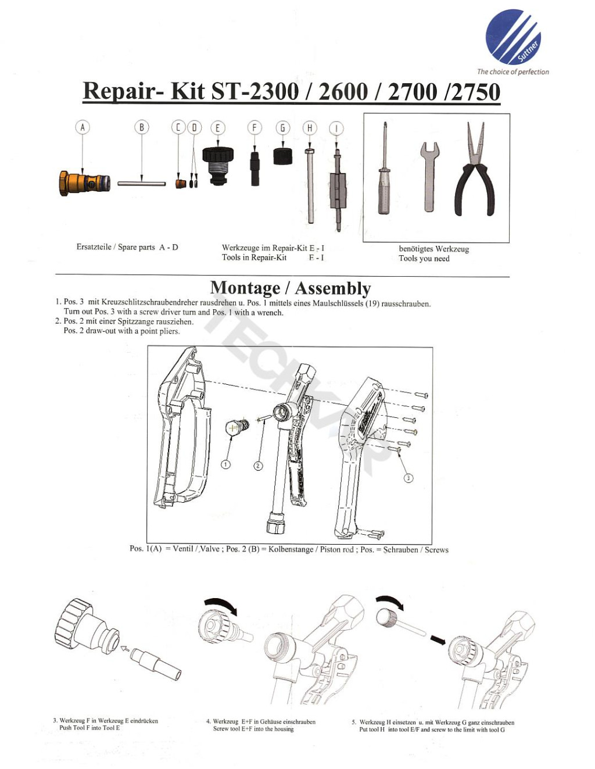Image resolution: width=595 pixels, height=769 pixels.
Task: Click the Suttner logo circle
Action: coord(513,37)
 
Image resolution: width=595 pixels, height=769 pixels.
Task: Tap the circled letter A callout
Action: coord(83,127)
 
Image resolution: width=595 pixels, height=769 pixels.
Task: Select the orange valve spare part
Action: coord(84,183)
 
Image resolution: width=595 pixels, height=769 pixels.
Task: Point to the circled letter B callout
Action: coord(142,127)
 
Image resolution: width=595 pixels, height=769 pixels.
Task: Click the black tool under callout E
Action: coord(218,164)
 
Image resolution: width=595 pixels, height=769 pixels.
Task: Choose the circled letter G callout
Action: coord(282,127)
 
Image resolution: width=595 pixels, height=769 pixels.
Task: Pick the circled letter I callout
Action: coord(336,128)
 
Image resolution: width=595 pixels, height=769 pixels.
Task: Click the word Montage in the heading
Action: coord(245,288)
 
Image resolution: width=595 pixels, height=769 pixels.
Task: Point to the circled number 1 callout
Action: coord(226,464)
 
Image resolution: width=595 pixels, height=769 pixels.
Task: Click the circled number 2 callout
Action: coord(259,466)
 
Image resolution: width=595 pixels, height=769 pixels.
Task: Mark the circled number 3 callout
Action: coord(408,478)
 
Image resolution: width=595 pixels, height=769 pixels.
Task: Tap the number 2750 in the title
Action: coord(472,92)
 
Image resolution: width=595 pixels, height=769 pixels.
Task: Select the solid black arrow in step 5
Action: coord(438,639)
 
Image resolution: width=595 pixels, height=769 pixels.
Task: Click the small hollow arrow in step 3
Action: coord(124,648)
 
